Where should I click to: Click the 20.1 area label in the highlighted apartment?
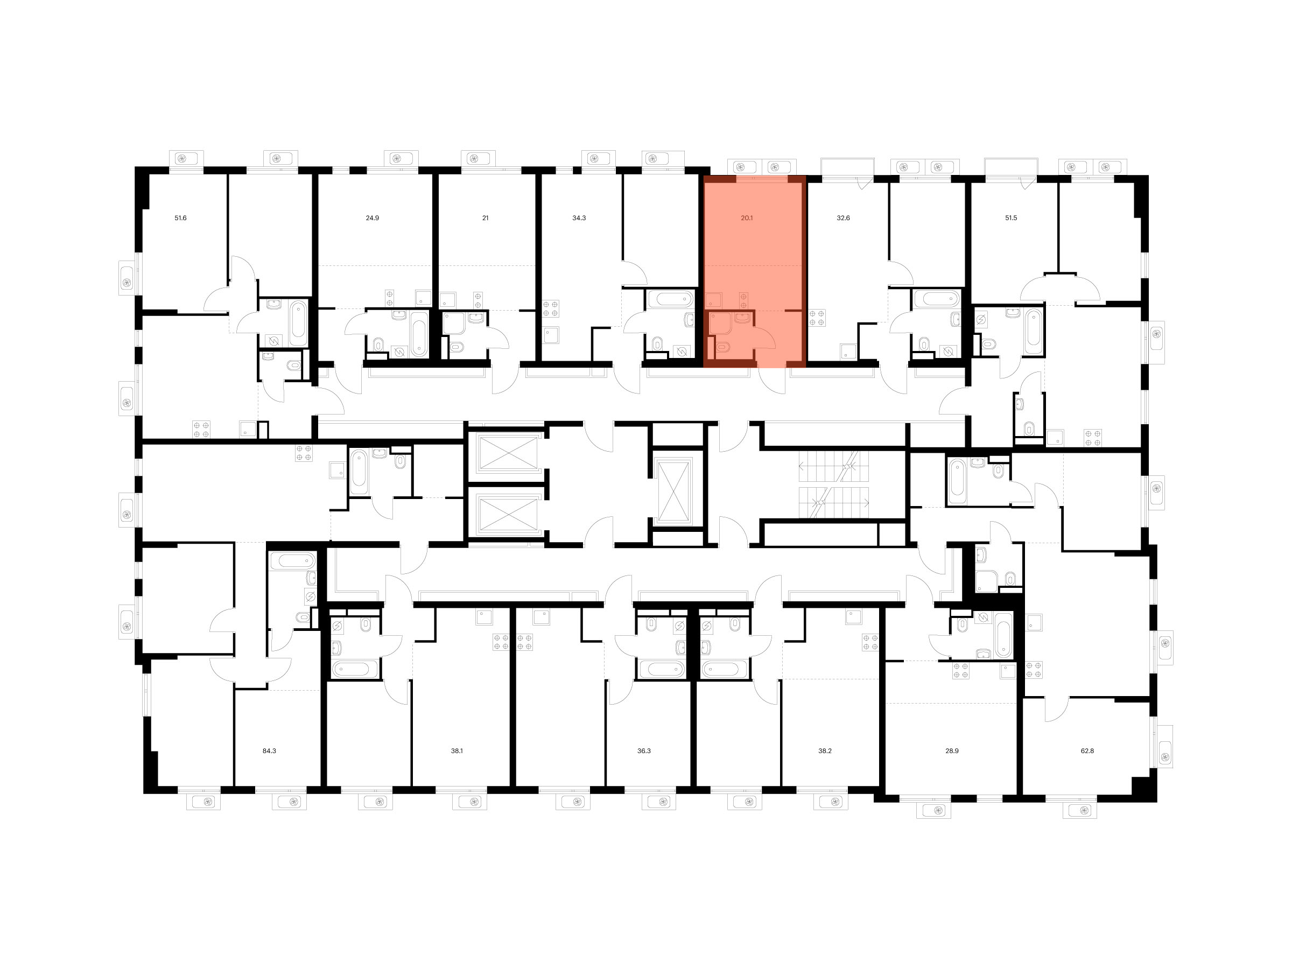click(747, 218)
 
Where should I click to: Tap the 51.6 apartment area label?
click(180, 218)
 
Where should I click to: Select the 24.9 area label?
click(372, 218)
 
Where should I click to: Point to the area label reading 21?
click(486, 218)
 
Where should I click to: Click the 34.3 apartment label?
click(579, 218)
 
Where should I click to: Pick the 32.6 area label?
click(843, 218)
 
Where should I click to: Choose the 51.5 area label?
click(1011, 218)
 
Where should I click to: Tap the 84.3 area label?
click(269, 750)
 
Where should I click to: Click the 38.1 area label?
click(457, 750)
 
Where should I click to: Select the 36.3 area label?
click(644, 750)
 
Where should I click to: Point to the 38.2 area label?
click(825, 750)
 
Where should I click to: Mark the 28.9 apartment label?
click(952, 750)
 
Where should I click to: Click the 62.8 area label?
click(1087, 750)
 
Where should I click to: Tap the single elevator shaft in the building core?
click(674, 490)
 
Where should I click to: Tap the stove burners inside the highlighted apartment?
click(743, 300)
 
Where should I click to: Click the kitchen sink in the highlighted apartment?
click(713, 300)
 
